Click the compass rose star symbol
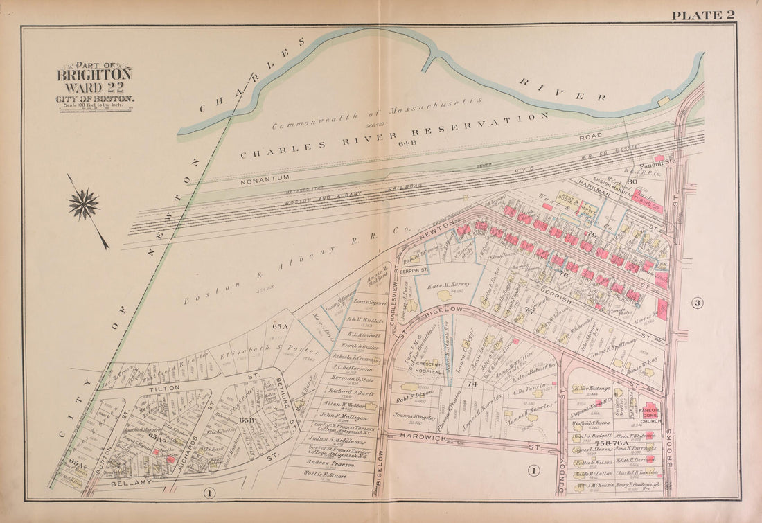83,205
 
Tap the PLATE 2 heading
702,15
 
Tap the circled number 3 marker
698,303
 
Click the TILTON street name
164,389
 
